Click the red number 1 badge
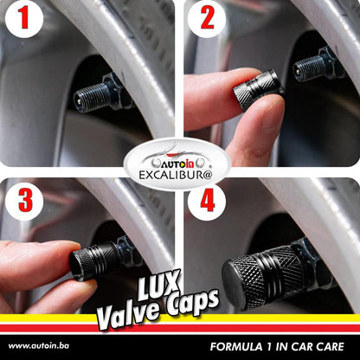(x=24, y=19)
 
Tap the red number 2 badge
(x=207, y=19)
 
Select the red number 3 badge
(x=24, y=202)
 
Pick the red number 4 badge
(x=207, y=202)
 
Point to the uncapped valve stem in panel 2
(x=309, y=67)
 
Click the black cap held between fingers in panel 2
(x=258, y=89)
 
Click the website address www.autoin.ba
(x=39, y=345)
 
